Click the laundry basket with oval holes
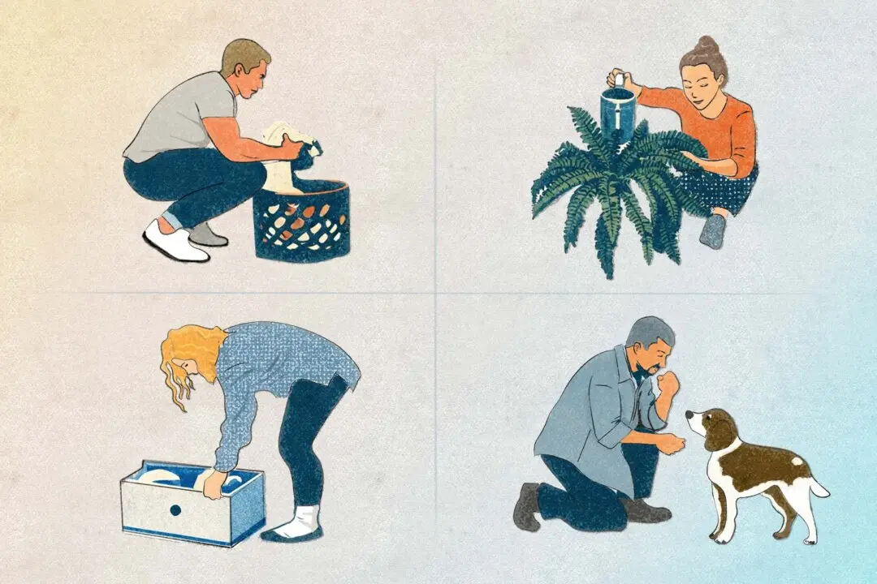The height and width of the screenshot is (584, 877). point(301,223)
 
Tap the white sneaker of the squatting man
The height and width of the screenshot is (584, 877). point(174,243)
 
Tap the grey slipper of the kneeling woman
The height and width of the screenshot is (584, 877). point(712,232)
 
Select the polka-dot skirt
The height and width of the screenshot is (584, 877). point(728,191)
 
